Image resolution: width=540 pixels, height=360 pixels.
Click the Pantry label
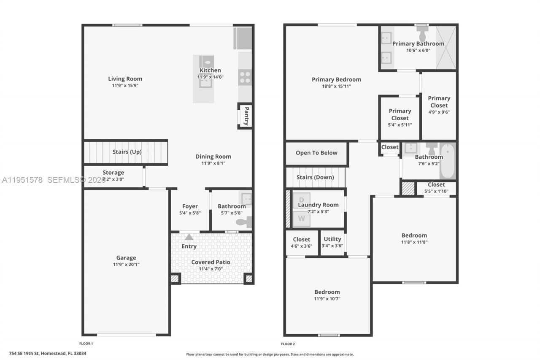coord(247,116)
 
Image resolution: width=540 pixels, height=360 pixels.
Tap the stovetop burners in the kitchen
coord(245,77)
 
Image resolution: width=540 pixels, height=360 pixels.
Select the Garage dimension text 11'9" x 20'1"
coord(126,265)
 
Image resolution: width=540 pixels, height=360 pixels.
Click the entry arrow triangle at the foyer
coord(189,237)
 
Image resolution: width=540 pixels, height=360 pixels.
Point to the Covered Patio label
coord(211,262)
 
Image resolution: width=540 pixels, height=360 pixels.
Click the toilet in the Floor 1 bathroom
coord(244,222)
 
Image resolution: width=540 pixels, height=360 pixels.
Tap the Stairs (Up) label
coord(127,152)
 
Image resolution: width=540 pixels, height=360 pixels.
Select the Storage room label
coord(113,172)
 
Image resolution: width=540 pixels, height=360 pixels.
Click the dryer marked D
coord(301,200)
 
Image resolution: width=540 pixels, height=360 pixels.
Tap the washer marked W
coord(301,218)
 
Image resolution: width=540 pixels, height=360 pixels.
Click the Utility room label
coord(332,239)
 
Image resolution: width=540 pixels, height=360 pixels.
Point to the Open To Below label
coord(316,153)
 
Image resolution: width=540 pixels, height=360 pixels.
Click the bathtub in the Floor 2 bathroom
coord(448,161)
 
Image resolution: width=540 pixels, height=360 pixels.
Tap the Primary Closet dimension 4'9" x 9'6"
coord(439,112)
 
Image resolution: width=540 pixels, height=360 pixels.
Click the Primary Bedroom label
coord(336,79)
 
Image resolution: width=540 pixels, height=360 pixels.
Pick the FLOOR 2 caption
coord(288,344)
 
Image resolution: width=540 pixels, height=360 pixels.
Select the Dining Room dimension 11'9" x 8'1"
coord(213,163)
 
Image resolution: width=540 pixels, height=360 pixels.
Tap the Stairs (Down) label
coord(315,177)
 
